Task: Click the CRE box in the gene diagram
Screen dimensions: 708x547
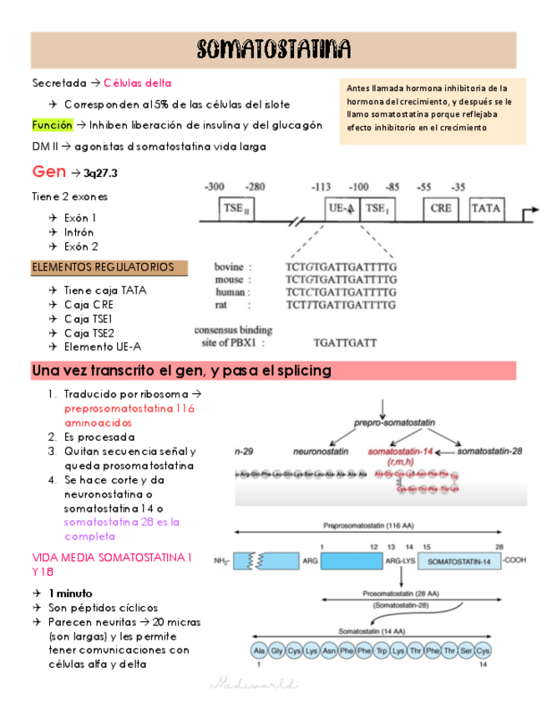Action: click(440, 210)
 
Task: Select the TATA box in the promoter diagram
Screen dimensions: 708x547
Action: click(487, 210)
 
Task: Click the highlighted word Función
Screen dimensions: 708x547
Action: click(52, 125)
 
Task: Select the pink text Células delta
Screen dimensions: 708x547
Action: click(138, 83)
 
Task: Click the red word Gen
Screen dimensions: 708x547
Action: click(48, 172)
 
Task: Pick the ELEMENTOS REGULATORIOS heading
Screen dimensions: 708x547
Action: click(103, 267)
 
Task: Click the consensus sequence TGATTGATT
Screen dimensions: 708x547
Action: click(345, 342)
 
